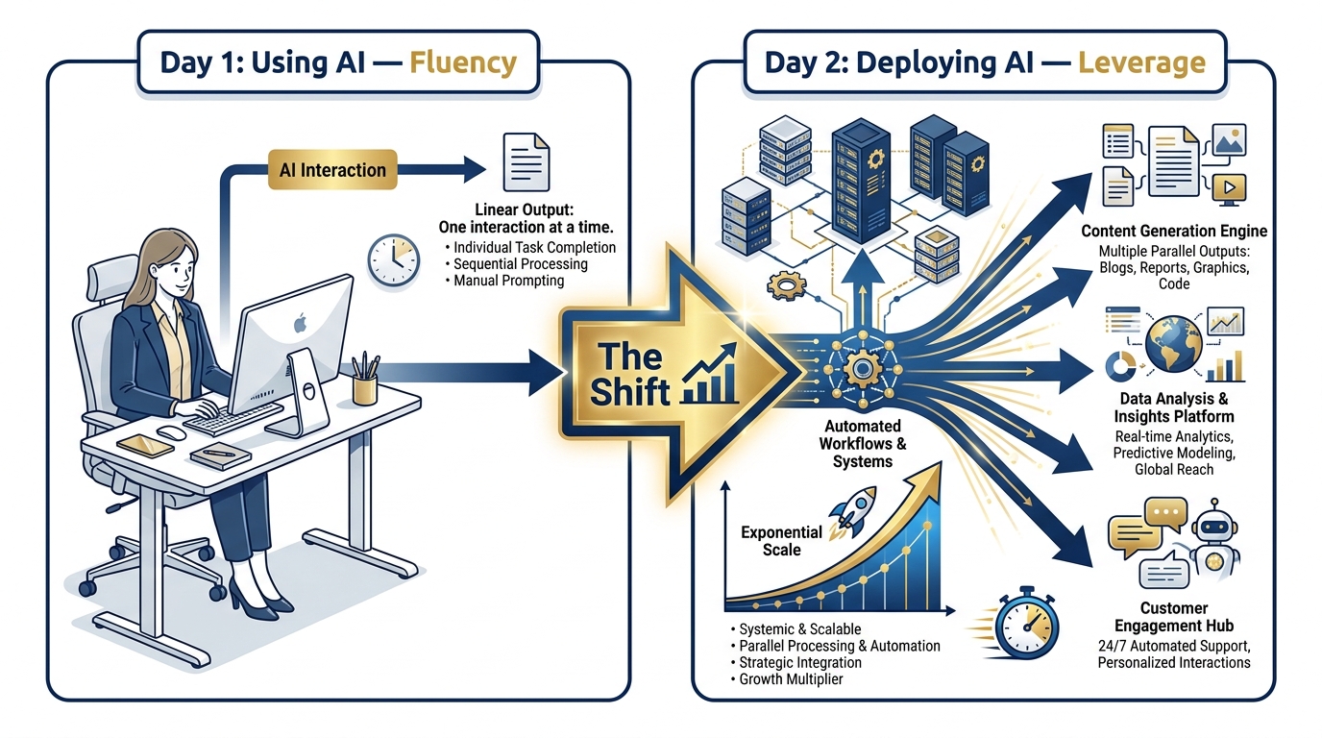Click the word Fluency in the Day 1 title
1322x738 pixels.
point(463,63)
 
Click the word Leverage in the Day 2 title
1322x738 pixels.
point(1141,63)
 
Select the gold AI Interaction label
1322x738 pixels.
point(332,171)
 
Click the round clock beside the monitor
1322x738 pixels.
point(393,259)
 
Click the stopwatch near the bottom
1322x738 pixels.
point(1025,622)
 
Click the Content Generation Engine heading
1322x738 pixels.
point(1173,232)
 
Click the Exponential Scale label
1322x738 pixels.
point(781,541)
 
